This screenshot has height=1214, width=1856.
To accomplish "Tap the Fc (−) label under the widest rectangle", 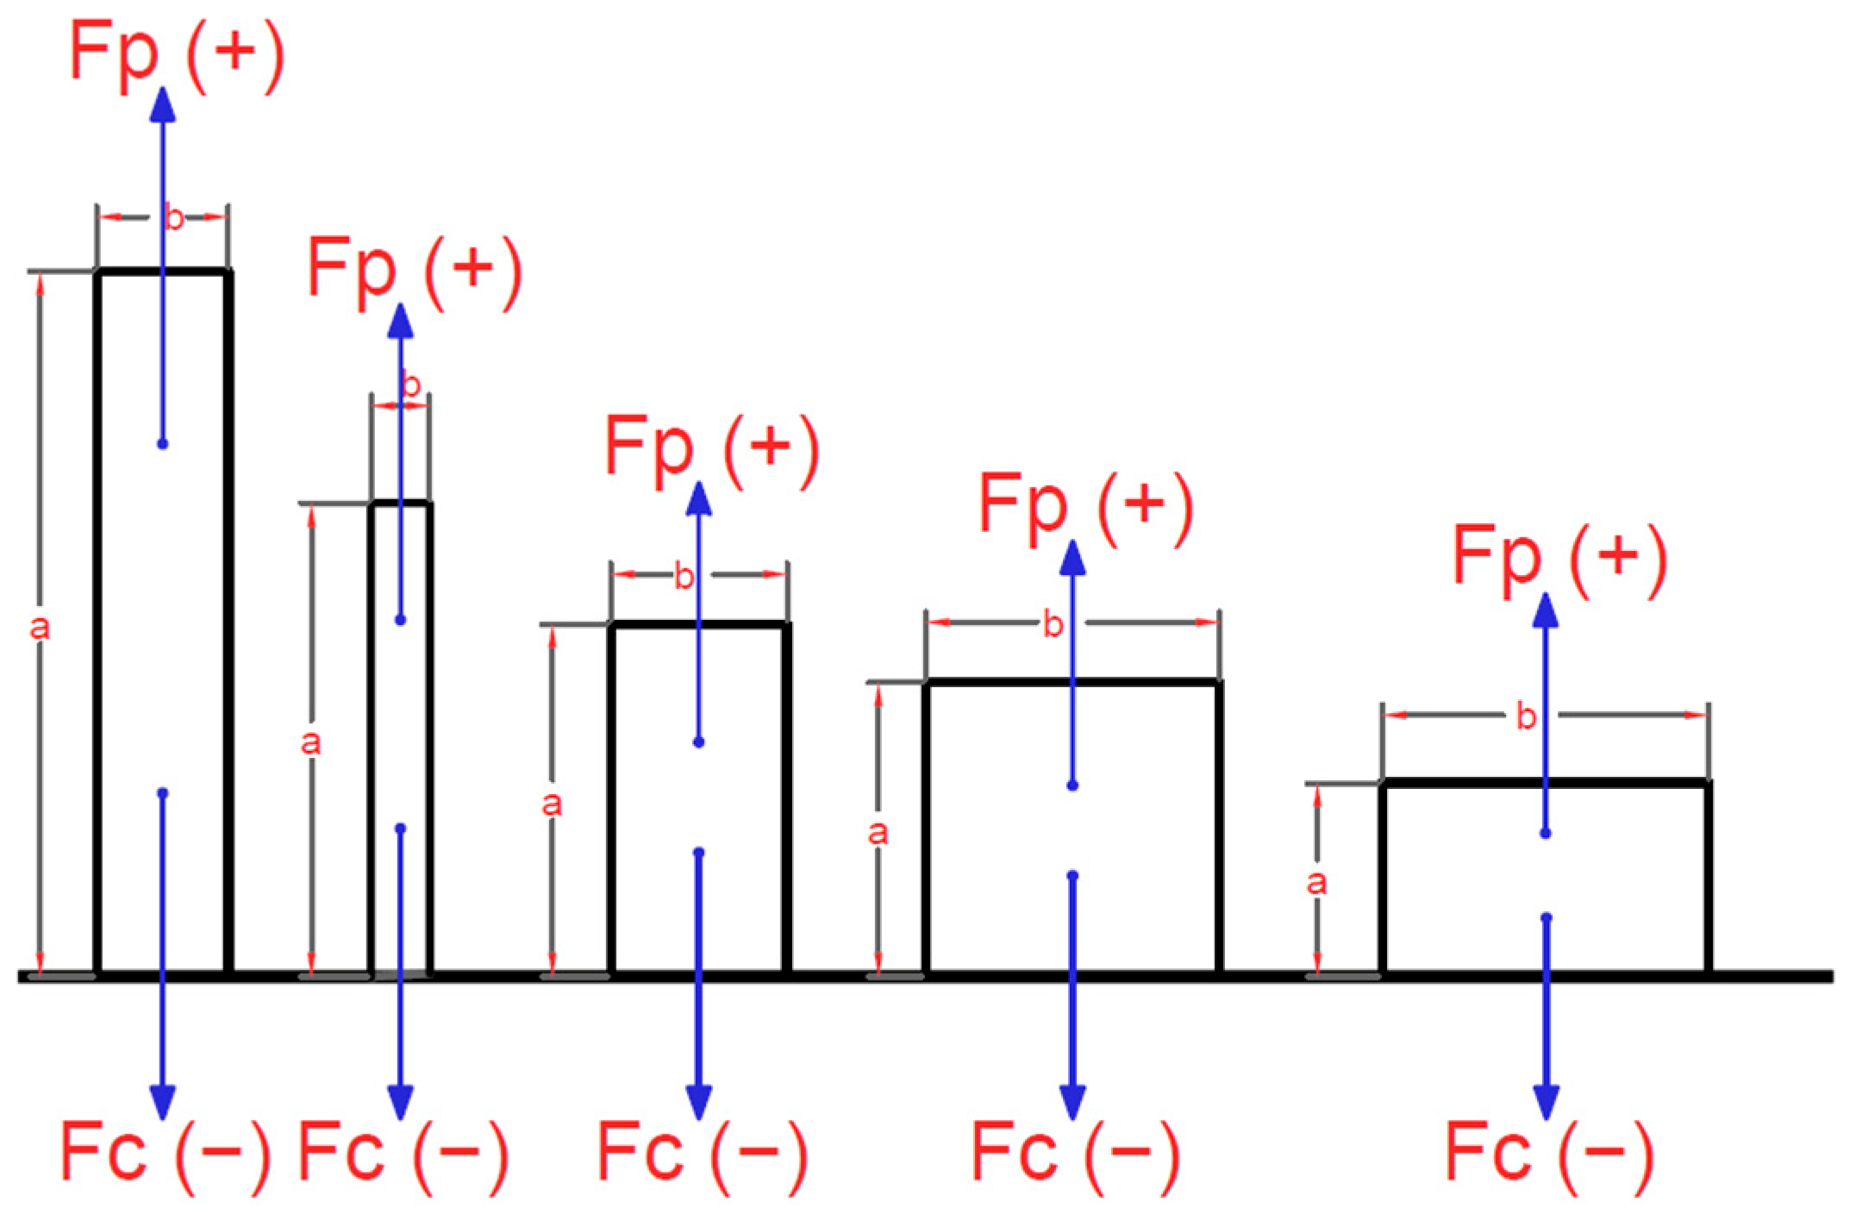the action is click(1548, 1153).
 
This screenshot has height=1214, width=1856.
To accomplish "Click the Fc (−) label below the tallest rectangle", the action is click(164, 1153).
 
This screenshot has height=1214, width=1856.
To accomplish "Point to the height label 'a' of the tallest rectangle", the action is click(40, 628).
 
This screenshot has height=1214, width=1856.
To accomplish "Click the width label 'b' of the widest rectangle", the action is click(1526, 717).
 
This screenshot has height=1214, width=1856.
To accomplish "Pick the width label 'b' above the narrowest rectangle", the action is click(411, 385).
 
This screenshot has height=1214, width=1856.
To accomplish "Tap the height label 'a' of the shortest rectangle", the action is click(1315, 882).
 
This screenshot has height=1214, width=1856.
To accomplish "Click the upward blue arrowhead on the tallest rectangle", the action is click(163, 105).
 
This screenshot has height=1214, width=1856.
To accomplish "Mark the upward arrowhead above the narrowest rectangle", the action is click(401, 321).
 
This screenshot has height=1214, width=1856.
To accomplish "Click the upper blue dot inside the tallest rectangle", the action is click(162, 444).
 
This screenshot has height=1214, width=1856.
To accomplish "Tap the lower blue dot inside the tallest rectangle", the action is click(163, 792).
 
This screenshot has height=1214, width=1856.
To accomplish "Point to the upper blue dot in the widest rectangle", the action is click(1545, 833).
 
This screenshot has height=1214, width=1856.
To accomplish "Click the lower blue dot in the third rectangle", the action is click(698, 853).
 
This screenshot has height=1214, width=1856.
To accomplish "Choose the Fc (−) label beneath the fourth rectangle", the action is click(1074, 1153).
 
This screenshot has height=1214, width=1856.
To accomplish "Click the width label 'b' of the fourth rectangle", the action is click(1053, 624).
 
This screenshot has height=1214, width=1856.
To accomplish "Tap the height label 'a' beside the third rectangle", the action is click(551, 804).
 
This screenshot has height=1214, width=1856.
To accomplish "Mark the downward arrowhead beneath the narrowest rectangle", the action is click(400, 1101).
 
